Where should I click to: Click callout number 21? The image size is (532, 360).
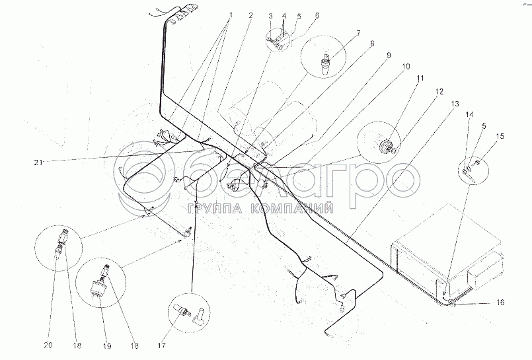click(x=38, y=162)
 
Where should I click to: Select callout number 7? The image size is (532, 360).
click(x=358, y=33)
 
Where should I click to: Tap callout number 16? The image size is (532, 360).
click(x=500, y=302)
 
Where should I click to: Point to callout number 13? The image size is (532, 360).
click(x=455, y=104)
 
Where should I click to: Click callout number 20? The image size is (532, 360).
click(x=48, y=345)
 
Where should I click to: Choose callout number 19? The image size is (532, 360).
click(x=107, y=345)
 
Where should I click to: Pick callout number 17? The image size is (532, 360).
click(x=161, y=345)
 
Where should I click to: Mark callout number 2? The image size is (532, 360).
click(x=250, y=15)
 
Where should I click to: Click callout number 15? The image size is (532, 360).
click(x=500, y=136)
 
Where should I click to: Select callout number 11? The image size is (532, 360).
click(x=420, y=79)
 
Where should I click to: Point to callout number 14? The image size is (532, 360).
click(x=469, y=114)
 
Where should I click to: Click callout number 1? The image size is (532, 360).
click(x=231, y=15)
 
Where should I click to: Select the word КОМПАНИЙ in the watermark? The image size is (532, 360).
click(x=292, y=209)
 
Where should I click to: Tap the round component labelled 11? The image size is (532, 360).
click(x=386, y=146)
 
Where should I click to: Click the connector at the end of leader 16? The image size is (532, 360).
click(x=451, y=303)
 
